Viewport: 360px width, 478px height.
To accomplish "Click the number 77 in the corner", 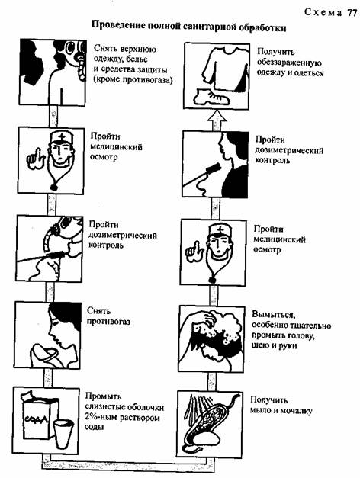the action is click(351, 12).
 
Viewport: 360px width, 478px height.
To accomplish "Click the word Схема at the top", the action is click(323, 12).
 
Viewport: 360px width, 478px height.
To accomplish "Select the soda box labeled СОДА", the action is click(40, 415).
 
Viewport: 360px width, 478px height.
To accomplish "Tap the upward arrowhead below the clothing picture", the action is click(217, 116).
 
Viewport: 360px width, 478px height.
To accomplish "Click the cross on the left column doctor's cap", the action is click(62, 137).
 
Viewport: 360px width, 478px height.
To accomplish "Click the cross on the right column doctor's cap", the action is click(221, 229).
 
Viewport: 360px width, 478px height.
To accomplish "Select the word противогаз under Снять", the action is click(108, 321).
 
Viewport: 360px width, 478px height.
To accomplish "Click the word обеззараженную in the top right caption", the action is click(289, 63).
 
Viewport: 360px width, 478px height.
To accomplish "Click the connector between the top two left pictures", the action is click(53, 117).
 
